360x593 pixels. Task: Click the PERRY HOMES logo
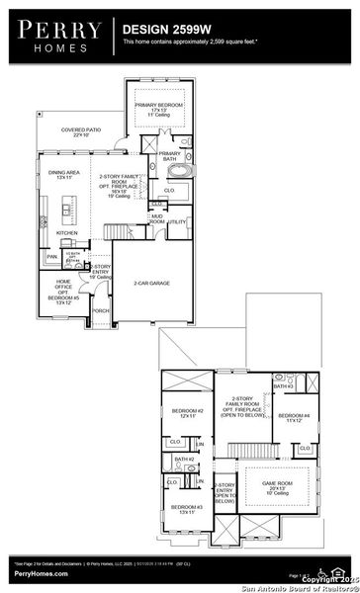(54, 36)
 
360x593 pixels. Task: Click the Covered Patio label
(82, 131)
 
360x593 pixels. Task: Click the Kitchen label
(66, 233)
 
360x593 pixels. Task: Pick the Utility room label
(177, 222)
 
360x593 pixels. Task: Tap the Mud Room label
(157, 219)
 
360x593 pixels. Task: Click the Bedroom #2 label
(188, 413)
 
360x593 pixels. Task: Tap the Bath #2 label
(183, 459)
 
